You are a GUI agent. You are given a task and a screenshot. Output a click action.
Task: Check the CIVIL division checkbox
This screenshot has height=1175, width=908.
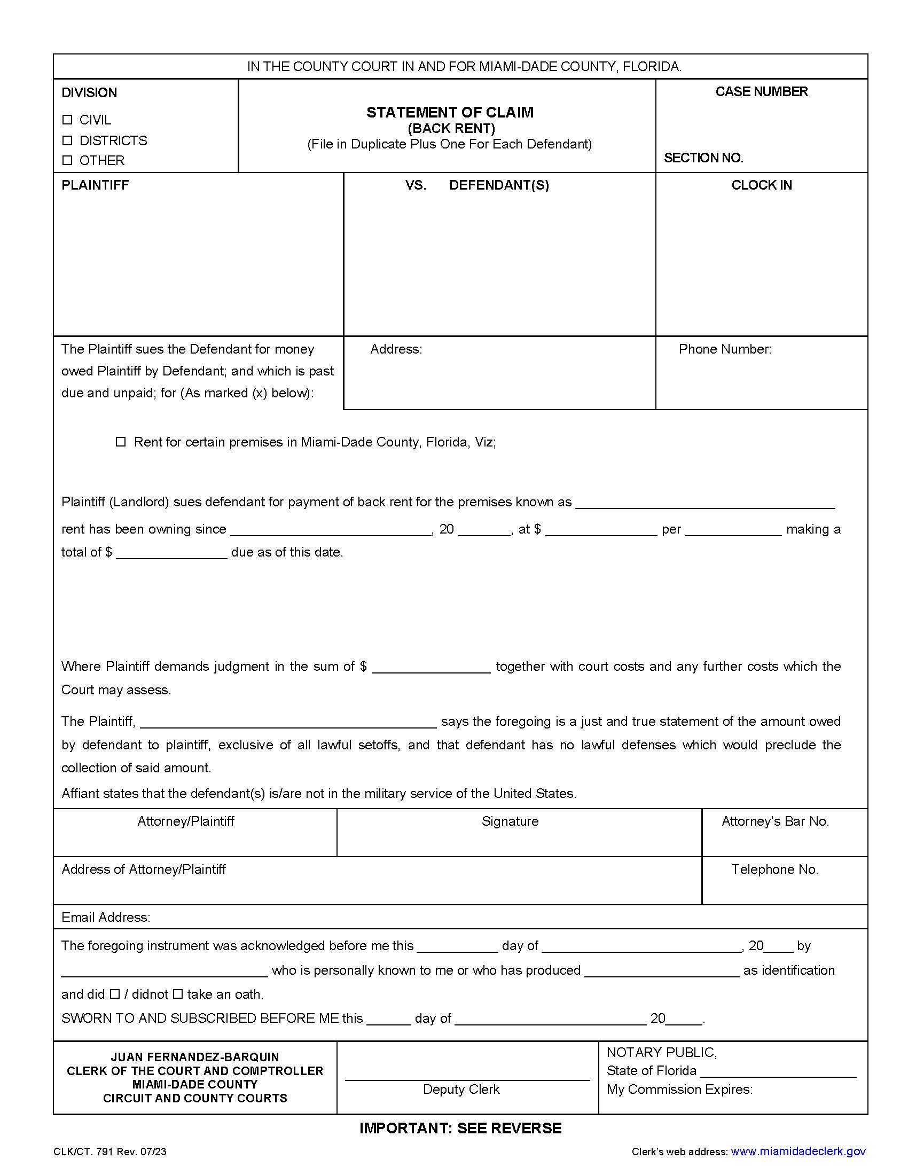point(67,120)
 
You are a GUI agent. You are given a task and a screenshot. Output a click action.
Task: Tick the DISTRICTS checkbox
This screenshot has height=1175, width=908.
point(67,140)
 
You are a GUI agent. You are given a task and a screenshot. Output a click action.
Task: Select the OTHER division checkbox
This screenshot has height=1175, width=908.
point(67,160)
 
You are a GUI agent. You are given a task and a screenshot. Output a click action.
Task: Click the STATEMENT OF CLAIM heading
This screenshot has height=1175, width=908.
point(450,113)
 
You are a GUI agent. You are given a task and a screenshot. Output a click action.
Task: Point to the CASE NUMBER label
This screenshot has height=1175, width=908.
point(761,92)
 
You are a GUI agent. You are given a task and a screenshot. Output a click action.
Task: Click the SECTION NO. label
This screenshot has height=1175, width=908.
point(703,158)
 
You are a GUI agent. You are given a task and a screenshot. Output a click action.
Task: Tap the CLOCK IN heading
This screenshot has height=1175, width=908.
point(761,185)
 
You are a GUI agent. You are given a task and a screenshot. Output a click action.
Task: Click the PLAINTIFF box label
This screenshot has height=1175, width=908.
point(95,185)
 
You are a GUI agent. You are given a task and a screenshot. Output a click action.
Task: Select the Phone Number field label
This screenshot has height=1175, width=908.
point(725,349)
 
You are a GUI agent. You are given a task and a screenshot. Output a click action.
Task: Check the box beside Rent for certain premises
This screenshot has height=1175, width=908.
point(121,442)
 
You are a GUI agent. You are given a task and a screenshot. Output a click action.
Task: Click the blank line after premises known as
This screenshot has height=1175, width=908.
point(705,503)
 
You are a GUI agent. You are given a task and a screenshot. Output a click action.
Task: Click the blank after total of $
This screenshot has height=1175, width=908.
point(171,553)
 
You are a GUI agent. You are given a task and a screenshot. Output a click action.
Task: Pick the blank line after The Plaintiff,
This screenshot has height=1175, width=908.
point(288,722)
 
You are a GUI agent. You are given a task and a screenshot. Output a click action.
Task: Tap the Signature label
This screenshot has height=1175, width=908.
point(510,821)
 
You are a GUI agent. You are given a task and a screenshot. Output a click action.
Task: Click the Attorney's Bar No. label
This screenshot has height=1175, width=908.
point(774,821)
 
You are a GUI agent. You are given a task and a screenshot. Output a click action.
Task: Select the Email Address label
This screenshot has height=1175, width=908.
point(105,917)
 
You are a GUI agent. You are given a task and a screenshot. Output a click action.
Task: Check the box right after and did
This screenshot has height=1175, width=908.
point(115,994)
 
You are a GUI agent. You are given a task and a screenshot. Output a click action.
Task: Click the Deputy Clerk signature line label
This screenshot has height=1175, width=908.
point(461,1090)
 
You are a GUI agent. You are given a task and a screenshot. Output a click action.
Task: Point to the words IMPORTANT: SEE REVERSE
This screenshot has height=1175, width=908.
point(460,1128)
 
